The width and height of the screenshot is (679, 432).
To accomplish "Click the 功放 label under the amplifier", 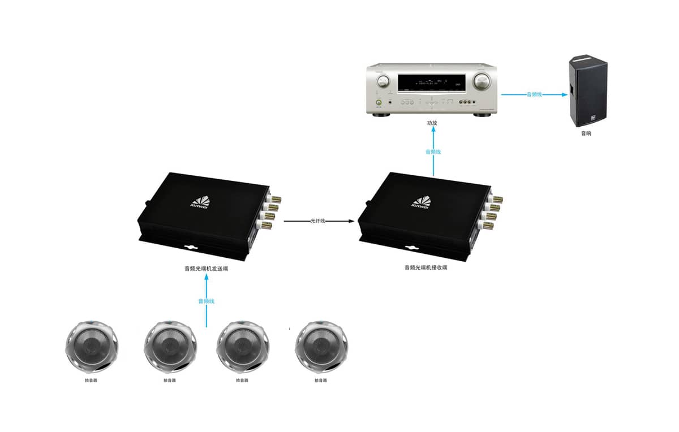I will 432,123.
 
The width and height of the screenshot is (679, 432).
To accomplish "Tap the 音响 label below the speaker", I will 586,134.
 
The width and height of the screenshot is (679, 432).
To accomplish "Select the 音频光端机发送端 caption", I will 206,269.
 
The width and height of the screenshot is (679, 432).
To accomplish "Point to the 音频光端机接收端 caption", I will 426,267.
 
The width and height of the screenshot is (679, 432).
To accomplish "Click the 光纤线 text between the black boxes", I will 318,221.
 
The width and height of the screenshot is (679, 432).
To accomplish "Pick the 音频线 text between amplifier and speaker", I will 534,94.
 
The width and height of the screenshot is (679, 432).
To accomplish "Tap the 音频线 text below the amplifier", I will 433,152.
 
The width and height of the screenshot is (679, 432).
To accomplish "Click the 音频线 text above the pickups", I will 206,301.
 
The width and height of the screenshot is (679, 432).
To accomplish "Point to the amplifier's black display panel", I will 432,84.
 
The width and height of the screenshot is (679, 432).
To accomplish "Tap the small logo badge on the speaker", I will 594,118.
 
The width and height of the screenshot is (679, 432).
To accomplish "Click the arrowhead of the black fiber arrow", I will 354,221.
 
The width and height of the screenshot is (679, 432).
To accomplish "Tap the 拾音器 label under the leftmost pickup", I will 91,380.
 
